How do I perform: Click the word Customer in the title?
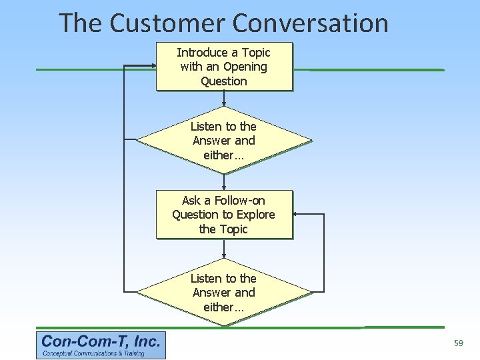click(x=167, y=23)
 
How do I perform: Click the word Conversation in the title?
click(x=310, y=23)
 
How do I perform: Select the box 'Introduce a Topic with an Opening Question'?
click(x=223, y=67)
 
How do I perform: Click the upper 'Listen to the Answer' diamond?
click(x=223, y=140)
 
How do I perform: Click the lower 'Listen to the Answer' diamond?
click(x=223, y=292)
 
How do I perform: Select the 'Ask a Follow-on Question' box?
click(x=223, y=215)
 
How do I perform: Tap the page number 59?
click(x=458, y=343)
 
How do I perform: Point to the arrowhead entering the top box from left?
click(x=153, y=66)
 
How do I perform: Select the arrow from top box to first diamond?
click(x=223, y=99)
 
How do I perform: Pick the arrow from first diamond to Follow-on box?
click(x=223, y=182)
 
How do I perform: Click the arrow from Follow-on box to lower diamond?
click(x=223, y=249)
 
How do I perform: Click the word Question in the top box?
click(x=223, y=81)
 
